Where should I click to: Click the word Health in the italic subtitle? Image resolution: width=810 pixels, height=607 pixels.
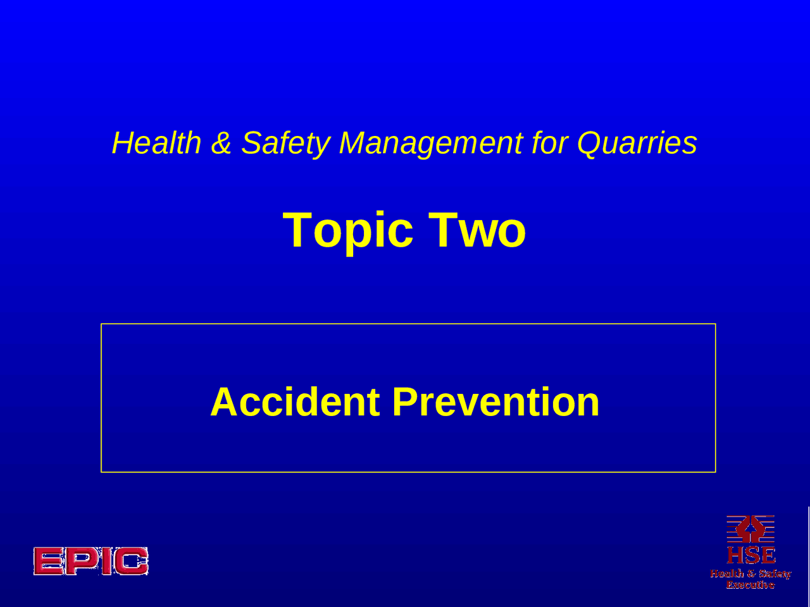pyautogui.click(x=156, y=143)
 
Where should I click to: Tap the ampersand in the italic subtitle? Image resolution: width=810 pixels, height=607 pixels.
pyautogui.click(x=221, y=143)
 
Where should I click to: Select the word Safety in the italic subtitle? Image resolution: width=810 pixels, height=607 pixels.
pyautogui.click(x=285, y=143)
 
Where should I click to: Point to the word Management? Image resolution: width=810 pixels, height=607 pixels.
pyautogui.click(x=431, y=143)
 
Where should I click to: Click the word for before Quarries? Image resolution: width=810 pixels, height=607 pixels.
pyautogui.click(x=549, y=143)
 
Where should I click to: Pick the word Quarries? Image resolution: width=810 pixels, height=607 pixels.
pyautogui.click(x=637, y=143)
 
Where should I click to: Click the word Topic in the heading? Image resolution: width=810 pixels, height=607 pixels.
pyautogui.click(x=348, y=230)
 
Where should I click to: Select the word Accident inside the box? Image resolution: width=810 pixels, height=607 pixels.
pyautogui.click(x=295, y=402)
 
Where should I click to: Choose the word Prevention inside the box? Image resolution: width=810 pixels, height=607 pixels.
pyautogui.click(x=495, y=402)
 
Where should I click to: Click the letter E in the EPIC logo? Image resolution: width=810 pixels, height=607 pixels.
pyautogui.click(x=49, y=561)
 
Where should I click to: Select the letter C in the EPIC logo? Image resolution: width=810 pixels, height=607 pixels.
pyautogui.click(x=131, y=561)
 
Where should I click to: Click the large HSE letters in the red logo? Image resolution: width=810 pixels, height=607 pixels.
pyautogui.click(x=751, y=555)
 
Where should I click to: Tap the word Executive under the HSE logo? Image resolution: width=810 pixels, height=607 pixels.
pyautogui.click(x=751, y=586)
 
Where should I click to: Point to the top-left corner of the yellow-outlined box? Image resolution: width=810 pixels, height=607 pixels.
pyautogui.click(x=101, y=324)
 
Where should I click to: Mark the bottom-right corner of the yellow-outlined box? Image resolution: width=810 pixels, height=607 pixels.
pyautogui.click(x=715, y=472)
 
